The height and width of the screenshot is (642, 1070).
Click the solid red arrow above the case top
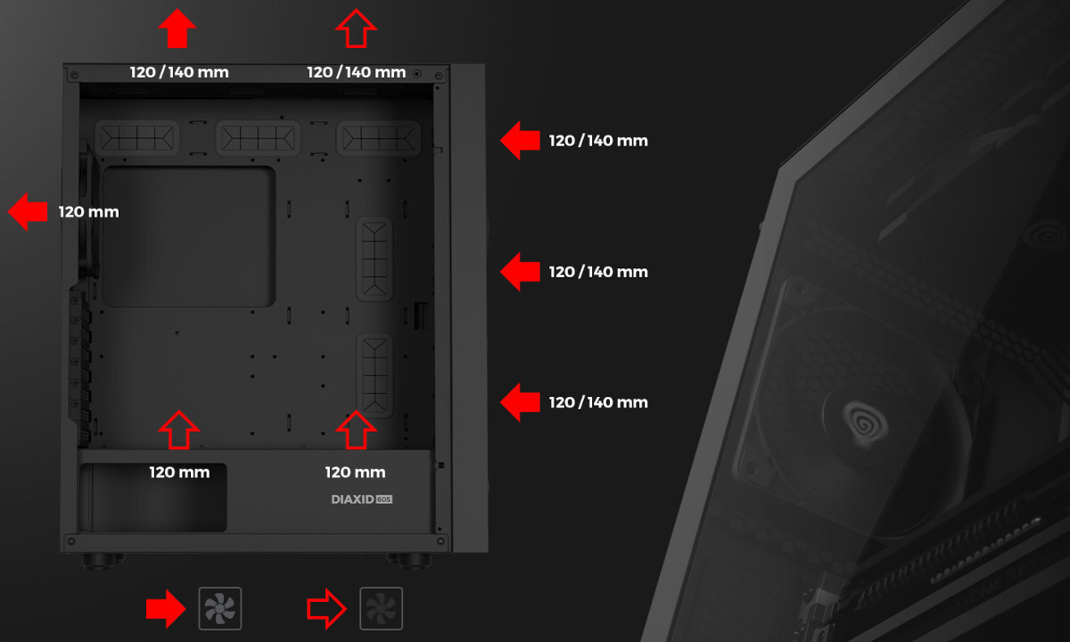177,29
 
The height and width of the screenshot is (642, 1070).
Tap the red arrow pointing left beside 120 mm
28,211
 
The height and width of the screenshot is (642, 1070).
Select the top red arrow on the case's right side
520,141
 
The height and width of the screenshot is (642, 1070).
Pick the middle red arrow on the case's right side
520,271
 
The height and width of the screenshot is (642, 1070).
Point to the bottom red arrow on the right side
520,402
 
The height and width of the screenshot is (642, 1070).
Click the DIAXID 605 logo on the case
362,499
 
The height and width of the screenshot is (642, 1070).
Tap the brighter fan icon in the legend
219,608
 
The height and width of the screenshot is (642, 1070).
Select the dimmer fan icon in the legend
381,608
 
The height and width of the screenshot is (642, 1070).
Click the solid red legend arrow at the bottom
166,609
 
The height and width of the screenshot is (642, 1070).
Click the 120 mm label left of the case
89,211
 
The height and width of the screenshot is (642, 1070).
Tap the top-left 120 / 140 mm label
179,72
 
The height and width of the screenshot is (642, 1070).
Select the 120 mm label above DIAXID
355,473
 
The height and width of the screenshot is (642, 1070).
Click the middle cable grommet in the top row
258,138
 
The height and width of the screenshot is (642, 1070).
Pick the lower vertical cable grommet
375,375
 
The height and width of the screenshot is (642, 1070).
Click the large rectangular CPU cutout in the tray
189,236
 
